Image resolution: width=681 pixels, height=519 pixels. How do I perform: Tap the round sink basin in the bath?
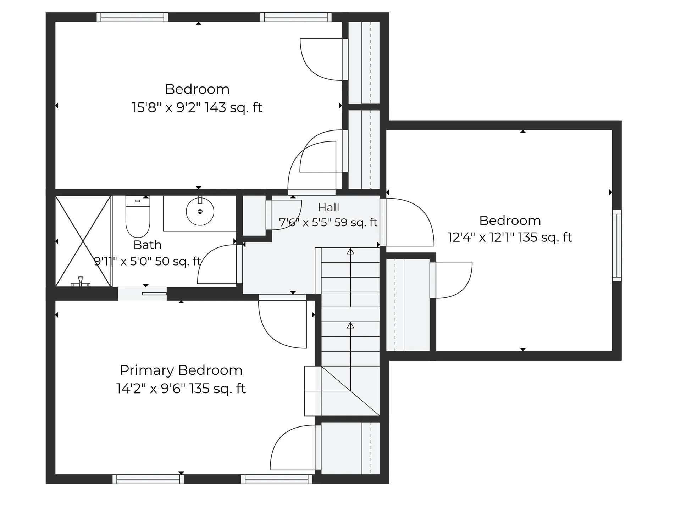coord(200,212)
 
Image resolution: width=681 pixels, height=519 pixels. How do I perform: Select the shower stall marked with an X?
coord(83,241)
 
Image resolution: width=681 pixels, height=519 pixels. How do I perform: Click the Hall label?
coord(328,207)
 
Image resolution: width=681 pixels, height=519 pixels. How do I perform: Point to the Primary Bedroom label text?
coord(181,370)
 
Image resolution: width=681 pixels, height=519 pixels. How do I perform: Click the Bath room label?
coord(148,245)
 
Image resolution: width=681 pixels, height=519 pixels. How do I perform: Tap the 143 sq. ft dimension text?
coord(233,107)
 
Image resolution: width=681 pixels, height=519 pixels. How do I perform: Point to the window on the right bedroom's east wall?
coord(617,246)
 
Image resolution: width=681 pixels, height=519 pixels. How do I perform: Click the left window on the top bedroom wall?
coord(132,17)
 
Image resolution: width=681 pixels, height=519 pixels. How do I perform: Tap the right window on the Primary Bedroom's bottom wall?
coord(277,479)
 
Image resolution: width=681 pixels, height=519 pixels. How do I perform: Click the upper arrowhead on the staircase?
coord(350,251)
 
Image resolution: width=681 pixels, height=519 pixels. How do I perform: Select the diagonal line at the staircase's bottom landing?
coord(350,391)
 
